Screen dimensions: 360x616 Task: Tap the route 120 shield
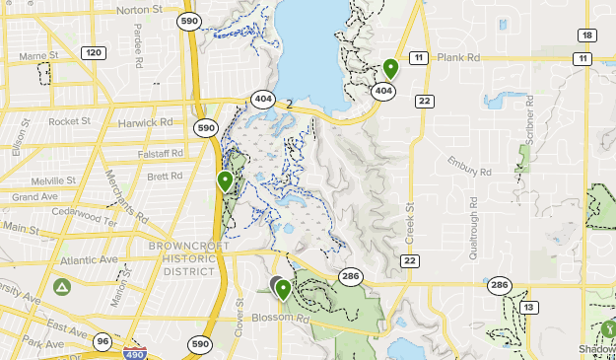click(x=95, y=52)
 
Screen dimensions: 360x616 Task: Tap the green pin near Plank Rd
click(x=390, y=69)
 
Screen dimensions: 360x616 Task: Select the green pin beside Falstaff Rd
click(x=226, y=180)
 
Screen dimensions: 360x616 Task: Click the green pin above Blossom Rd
click(x=284, y=289)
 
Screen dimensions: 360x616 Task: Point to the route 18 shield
click(x=587, y=36)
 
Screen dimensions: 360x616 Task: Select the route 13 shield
click(x=530, y=308)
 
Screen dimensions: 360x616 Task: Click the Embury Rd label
click(x=469, y=166)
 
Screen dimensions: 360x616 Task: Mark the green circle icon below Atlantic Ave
click(x=62, y=287)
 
